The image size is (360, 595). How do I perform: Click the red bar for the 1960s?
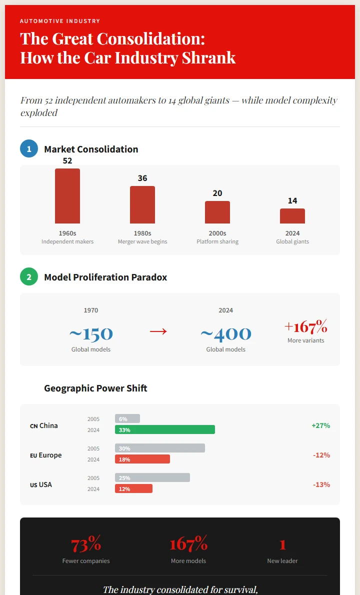pos(67,196)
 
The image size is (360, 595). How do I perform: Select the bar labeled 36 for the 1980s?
pos(142,204)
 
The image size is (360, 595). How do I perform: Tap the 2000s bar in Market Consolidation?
pos(217,212)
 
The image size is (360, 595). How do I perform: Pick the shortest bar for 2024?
pos(292,216)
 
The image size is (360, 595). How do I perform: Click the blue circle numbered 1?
pos(29,149)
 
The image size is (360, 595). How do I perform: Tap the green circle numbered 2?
pos(29,277)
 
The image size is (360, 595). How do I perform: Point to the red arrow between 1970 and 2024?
pos(158,331)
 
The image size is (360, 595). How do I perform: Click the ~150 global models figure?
pos(91,333)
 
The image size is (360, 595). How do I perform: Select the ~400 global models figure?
pos(225,333)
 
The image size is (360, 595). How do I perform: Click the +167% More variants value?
pos(305,327)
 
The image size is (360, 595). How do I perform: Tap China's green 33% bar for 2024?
pos(165,430)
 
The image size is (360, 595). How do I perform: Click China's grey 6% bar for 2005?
pos(127,419)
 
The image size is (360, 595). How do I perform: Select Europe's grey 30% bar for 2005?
pos(160,448)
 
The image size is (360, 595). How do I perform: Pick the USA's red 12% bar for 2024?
pos(133,489)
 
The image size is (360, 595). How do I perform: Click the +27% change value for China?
pos(320,425)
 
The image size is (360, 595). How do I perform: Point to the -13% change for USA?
pos(321,484)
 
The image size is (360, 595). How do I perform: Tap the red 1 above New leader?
pos(282,544)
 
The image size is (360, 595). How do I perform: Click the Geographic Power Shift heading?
pos(95,388)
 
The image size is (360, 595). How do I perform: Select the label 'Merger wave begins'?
pos(142,242)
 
